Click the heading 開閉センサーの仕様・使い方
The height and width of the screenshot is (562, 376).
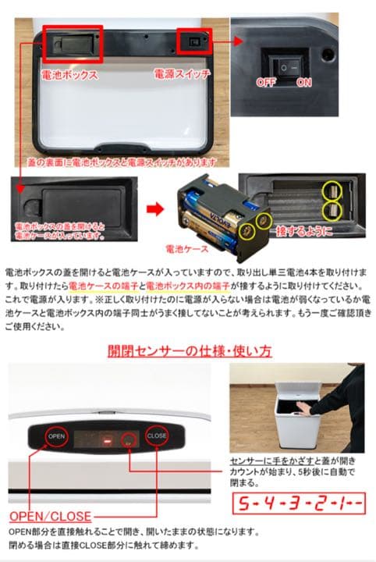pos(190,350)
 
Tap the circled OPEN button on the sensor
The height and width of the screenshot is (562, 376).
pos(56,436)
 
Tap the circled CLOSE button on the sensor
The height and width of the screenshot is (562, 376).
pos(156,436)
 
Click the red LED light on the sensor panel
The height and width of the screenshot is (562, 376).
pos(108,443)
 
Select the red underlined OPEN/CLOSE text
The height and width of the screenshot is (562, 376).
pos(50,516)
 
